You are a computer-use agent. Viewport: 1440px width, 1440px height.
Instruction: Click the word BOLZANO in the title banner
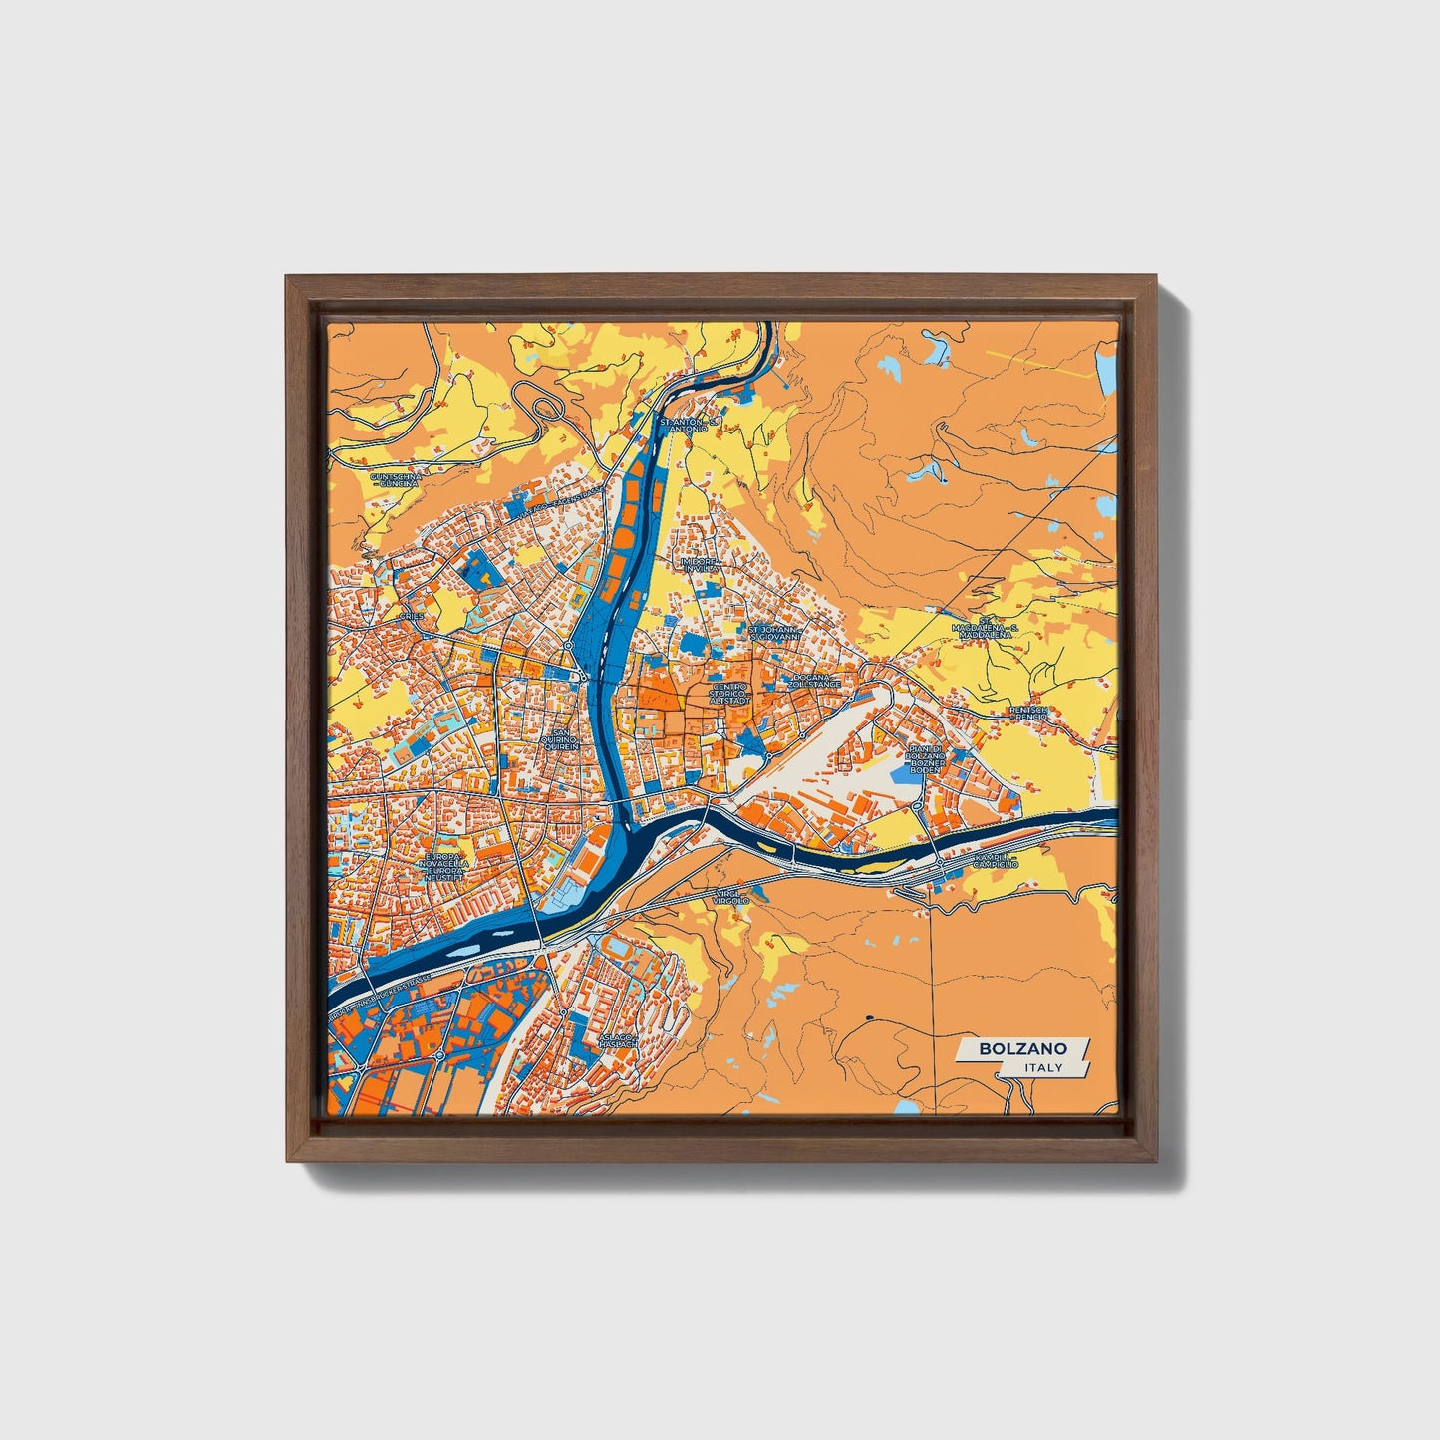[1022, 1048]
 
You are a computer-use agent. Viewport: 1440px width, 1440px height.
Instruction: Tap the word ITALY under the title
[1043, 1067]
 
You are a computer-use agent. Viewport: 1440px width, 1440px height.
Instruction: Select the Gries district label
[411, 617]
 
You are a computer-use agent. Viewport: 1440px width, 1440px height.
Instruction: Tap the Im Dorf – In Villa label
[698, 564]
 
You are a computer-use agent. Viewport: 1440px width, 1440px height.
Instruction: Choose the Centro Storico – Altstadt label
[727, 694]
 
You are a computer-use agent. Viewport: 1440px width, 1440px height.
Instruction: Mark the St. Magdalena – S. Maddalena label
[983, 630]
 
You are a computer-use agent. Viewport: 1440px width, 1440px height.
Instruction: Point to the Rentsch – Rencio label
[1029, 713]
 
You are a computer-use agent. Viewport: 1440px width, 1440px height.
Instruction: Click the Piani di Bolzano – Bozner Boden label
[925, 759]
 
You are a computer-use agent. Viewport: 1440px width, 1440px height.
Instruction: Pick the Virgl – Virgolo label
[731, 898]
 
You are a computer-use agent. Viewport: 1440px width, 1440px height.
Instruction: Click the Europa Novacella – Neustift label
[444, 866]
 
